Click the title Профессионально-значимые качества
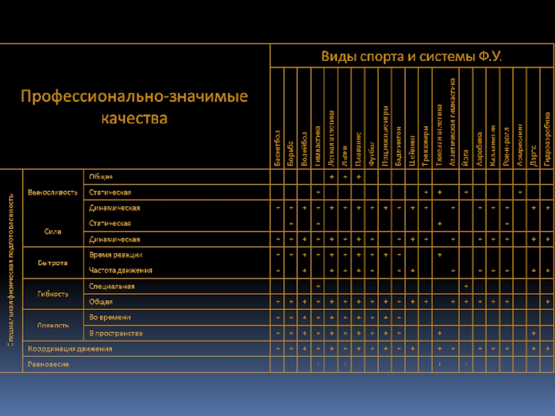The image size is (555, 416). click(134, 107)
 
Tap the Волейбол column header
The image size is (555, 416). click(304, 146)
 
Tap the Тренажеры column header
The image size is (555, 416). click(425, 144)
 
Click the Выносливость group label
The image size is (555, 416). click(52, 192)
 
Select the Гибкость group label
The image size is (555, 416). click(53, 293)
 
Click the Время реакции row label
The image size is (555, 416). click(116, 255)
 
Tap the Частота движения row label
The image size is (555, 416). click(121, 270)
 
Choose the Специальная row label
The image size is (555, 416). click(112, 286)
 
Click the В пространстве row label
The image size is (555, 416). click(116, 333)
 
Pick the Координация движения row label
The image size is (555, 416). click(69, 349)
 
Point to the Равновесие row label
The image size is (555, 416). click(48, 365)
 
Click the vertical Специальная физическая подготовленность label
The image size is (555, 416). click(11, 270)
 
